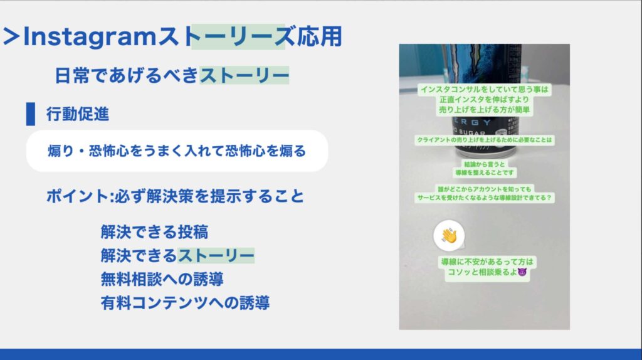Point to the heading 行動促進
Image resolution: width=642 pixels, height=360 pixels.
(78, 114)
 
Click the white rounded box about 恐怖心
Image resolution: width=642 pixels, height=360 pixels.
(177, 151)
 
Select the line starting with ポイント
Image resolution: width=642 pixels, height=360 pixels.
(175, 196)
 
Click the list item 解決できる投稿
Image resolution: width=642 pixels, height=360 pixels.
(154, 232)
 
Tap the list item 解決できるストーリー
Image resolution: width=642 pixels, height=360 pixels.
(177, 255)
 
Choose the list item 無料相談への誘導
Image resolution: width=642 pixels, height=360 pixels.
(162, 278)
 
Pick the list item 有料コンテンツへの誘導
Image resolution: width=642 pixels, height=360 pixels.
(185, 302)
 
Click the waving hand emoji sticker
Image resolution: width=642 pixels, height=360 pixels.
(449, 235)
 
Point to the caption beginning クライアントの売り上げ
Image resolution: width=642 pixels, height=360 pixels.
(485, 140)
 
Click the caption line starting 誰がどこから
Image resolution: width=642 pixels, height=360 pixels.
(485, 188)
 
